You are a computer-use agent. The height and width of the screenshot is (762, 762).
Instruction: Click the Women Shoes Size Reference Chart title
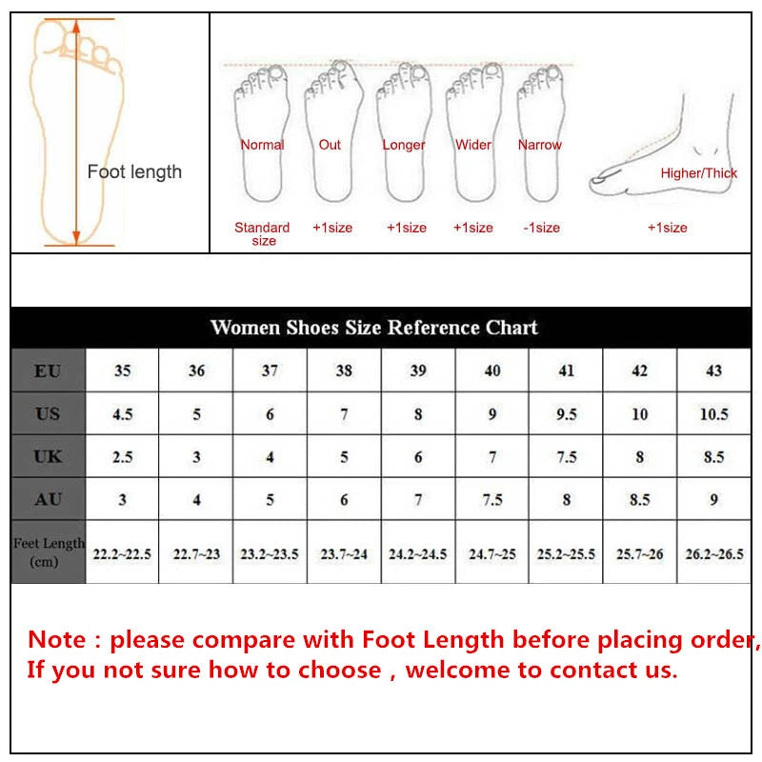pyautogui.click(x=373, y=328)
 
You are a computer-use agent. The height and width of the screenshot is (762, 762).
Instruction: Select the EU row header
pyautogui.click(x=48, y=371)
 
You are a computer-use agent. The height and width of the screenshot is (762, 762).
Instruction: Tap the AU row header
pyautogui.click(x=48, y=499)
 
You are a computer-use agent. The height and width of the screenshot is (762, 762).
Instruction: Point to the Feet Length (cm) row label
pyautogui.click(x=49, y=551)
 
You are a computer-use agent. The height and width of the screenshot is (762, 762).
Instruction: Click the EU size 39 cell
pyautogui.click(x=418, y=371)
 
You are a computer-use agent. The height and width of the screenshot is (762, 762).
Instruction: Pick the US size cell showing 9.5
pyautogui.click(x=566, y=413)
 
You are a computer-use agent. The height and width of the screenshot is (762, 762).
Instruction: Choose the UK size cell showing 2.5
pyautogui.click(x=122, y=456)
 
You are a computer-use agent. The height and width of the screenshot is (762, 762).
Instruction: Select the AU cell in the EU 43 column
pyautogui.click(x=713, y=499)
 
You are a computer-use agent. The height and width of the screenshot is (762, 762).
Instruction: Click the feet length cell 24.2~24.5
pyautogui.click(x=417, y=552)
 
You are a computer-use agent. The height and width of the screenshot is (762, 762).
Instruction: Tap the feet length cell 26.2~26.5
pyautogui.click(x=713, y=552)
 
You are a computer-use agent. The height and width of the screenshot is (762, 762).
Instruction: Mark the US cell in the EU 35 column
pyautogui.click(x=122, y=413)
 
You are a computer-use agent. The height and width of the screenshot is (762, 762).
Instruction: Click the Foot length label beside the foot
pyautogui.click(x=134, y=172)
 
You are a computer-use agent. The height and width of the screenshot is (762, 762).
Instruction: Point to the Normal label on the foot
pyautogui.click(x=262, y=145)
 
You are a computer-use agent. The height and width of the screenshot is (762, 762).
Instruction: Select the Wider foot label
pyautogui.click(x=473, y=145)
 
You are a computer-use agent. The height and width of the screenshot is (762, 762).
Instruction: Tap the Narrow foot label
pyautogui.click(x=540, y=145)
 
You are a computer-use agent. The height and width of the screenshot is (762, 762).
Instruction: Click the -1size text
pyautogui.click(x=542, y=228)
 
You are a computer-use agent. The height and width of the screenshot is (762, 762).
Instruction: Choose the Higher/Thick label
pyautogui.click(x=699, y=173)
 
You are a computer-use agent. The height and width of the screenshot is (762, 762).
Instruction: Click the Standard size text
pyautogui.click(x=262, y=233)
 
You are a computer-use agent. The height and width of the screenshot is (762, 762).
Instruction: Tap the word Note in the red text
pyautogui.click(x=58, y=639)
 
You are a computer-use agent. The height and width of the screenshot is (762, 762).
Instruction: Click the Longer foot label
pyautogui.click(x=404, y=145)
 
